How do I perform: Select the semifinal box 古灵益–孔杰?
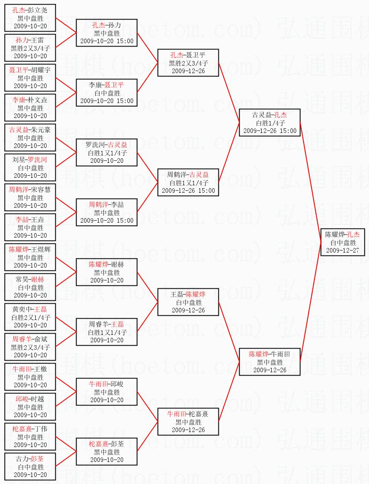pyautogui.click(x=270, y=123)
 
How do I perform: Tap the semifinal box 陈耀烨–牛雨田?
pyautogui.click(x=270, y=362)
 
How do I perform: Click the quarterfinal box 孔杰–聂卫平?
pyautogui.click(x=188, y=63)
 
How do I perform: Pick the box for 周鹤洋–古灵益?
pyautogui.click(x=188, y=182)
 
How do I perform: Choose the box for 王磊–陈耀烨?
pyautogui.click(x=188, y=302)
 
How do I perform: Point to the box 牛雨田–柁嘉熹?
pyautogui.click(x=188, y=422)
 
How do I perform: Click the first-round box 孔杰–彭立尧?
pyautogui.click(x=30, y=18)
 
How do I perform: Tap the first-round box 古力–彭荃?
pyautogui.click(x=30, y=467)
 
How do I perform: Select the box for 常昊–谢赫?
pyautogui.click(x=30, y=287)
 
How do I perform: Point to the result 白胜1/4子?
pyautogui.click(x=270, y=123)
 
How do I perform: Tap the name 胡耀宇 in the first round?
pyautogui.click(x=41, y=70)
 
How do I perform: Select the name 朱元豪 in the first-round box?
pyautogui.click(x=41, y=130)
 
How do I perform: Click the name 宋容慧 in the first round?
pyautogui.click(x=41, y=190)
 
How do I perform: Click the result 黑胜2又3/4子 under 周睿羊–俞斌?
pyautogui.click(x=30, y=347)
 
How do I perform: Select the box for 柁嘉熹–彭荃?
pyautogui.click(x=106, y=452)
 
